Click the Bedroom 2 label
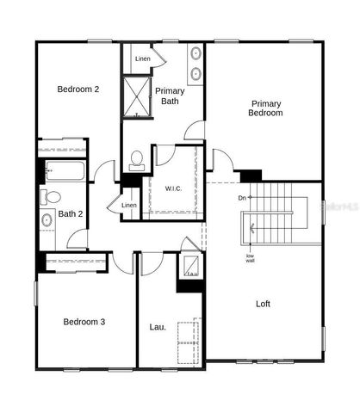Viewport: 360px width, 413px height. [x=78, y=89]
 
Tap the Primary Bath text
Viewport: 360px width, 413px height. [x=170, y=96]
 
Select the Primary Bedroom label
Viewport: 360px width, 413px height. [x=264, y=108]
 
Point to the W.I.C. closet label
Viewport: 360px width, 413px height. [x=173, y=188]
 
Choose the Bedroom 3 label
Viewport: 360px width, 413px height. [x=84, y=322]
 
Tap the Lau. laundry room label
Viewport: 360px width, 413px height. [x=158, y=327]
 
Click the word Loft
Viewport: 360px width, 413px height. [x=264, y=304]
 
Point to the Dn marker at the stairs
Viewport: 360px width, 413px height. [x=243, y=198]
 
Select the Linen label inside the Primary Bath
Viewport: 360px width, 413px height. [x=143, y=59]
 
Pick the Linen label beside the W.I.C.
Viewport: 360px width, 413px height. [x=128, y=205]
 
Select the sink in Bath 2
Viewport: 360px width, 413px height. [x=47, y=220]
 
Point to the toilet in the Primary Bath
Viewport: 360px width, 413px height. [x=137, y=158]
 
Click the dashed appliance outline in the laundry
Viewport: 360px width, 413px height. [x=189, y=342]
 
